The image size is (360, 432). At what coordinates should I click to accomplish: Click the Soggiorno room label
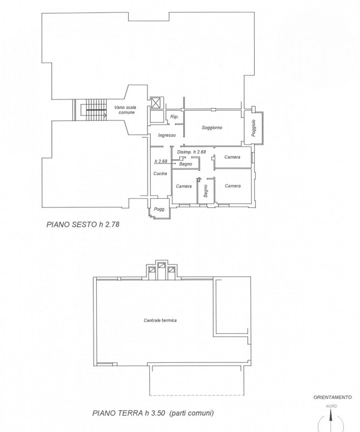click(x=212, y=127)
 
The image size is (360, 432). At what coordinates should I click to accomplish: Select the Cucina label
click(x=159, y=174)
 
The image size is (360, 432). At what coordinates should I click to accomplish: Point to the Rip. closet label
click(x=174, y=117)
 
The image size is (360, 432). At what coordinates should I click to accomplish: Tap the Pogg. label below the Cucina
click(x=159, y=210)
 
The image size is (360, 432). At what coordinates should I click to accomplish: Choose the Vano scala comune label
click(x=125, y=110)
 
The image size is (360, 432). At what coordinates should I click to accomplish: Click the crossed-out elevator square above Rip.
click(x=156, y=103)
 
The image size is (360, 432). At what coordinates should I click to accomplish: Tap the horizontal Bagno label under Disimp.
click(x=187, y=164)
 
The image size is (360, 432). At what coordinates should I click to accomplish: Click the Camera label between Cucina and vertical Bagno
click(x=183, y=186)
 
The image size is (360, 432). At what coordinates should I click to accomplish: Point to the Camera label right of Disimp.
click(x=232, y=157)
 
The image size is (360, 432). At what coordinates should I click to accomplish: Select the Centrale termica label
click(x=161, y=320)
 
